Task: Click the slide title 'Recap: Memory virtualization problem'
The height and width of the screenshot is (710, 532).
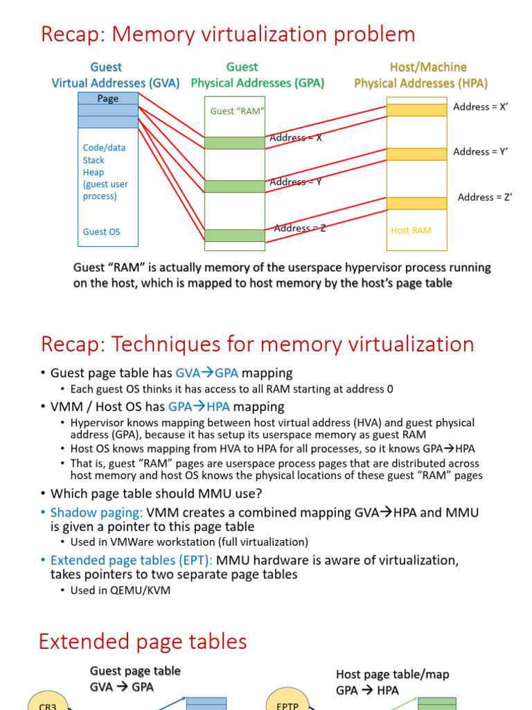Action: click(228, 34)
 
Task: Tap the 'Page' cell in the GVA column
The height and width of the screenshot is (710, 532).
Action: click(107, 98)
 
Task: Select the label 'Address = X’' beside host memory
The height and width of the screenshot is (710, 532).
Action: click(480, 107)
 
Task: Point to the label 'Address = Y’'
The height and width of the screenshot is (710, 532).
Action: click(480, 152)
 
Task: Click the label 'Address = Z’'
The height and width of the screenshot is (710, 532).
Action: click(484, 197)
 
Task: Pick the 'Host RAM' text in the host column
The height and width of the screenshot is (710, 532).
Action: click(411, 230)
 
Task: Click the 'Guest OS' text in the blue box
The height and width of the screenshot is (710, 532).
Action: click(101, 232)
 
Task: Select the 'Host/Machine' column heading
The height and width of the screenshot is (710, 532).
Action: click(428, 67)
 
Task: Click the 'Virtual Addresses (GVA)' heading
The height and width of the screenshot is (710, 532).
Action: click(116, 83)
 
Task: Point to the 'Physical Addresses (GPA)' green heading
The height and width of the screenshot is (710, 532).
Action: click(258, 83)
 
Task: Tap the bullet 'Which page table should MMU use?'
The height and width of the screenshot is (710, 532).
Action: click(156, 493)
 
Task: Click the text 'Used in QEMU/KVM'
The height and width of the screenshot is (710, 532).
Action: click(120, 591)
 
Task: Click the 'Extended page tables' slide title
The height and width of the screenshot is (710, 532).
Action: click(143, 641)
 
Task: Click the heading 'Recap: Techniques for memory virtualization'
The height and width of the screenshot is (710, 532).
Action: click(258, 344)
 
